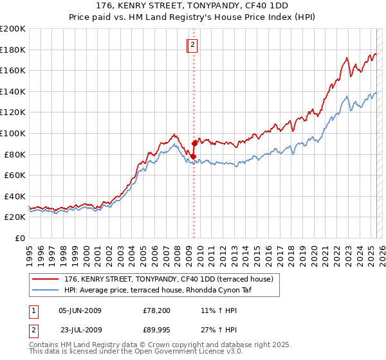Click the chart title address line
pyautogui.click(x=192, y=5)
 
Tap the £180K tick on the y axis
pyautogui.click(x=13, y=50)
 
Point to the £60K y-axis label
pyautogui.click(x=15, y=175)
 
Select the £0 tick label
pyautogui.click(x=20, y=238)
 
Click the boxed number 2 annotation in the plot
pyautogui.click(x=193, y=45)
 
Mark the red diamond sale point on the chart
pyautogui.click(x=194, y=143)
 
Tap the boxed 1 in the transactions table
pyautogui.click(x=32, y=310)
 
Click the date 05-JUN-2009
pyautogui.click(x=80, y=310)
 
